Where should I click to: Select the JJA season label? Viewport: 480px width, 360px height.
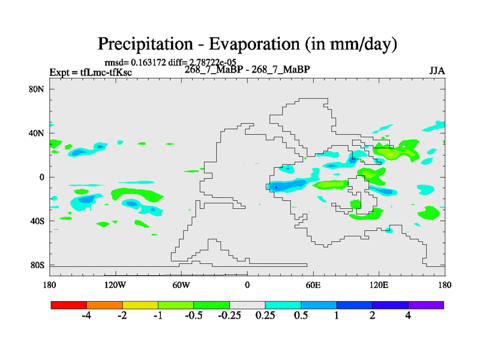click(x=437, y=71)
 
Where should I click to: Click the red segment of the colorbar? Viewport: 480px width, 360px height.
click(x=68, y=305)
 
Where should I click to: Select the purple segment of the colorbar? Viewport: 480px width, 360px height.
click(x=425, y=305)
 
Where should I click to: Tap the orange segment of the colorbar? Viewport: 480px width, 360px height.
click(x=104, y=305)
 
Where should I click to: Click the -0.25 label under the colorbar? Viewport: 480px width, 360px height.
click(x=229, y=316)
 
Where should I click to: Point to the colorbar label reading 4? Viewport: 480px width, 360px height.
click(x=408, y=316)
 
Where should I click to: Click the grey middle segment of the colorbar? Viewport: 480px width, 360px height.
click(x=247, y=305)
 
